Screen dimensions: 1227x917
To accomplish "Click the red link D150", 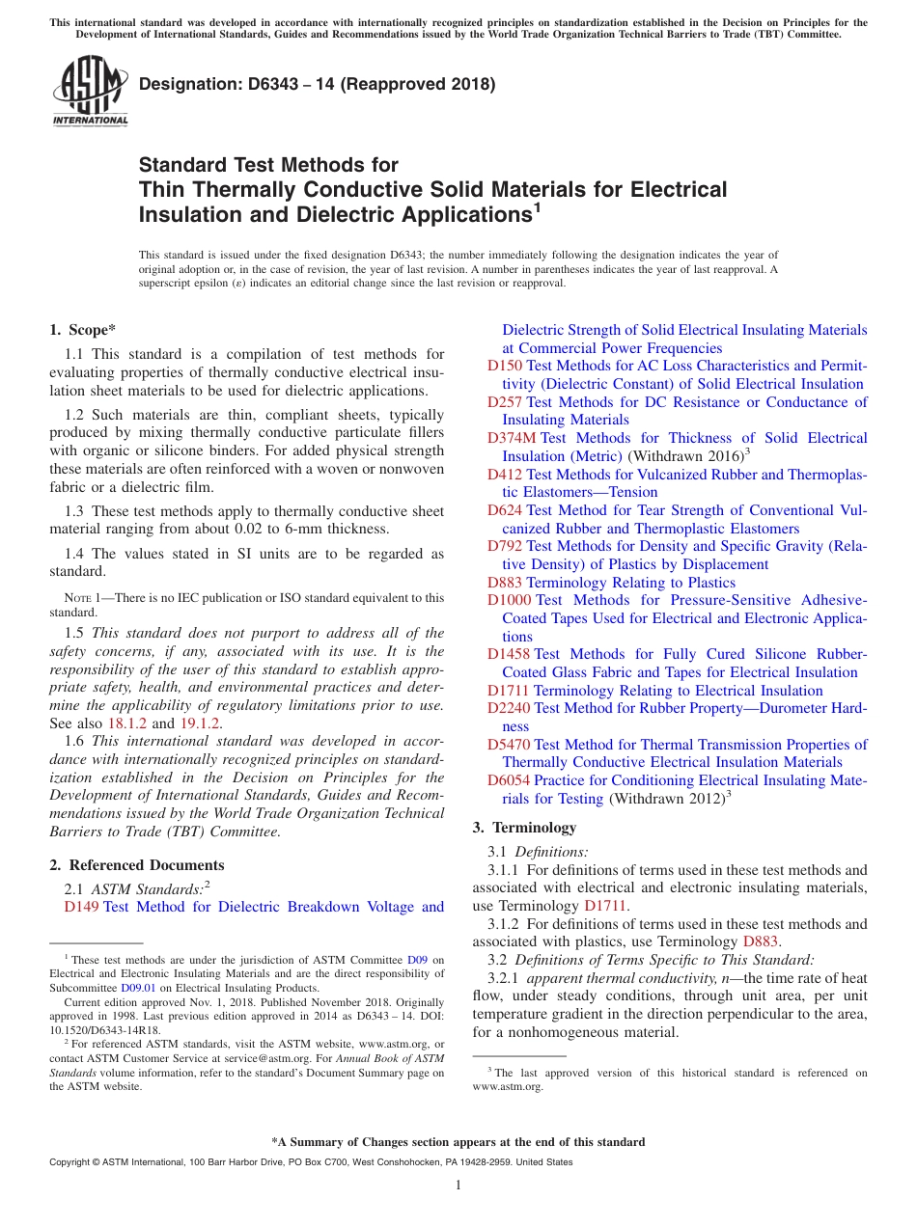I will [x=505, y=366].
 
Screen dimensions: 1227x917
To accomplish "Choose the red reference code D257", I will [x=505, y=402].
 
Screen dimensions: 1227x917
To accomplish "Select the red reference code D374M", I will [x=512, y=438].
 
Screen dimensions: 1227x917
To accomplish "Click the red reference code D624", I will [x=505, y=510].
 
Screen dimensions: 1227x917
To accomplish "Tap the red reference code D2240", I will [x=509, y=708].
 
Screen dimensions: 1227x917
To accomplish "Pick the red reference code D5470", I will [x=509, y=745].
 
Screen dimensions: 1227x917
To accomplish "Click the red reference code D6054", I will [x=509, y=780].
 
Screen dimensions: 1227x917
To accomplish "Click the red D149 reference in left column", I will [x=82, y=907].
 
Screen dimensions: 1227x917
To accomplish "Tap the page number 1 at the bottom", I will [x=458, y=1186].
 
